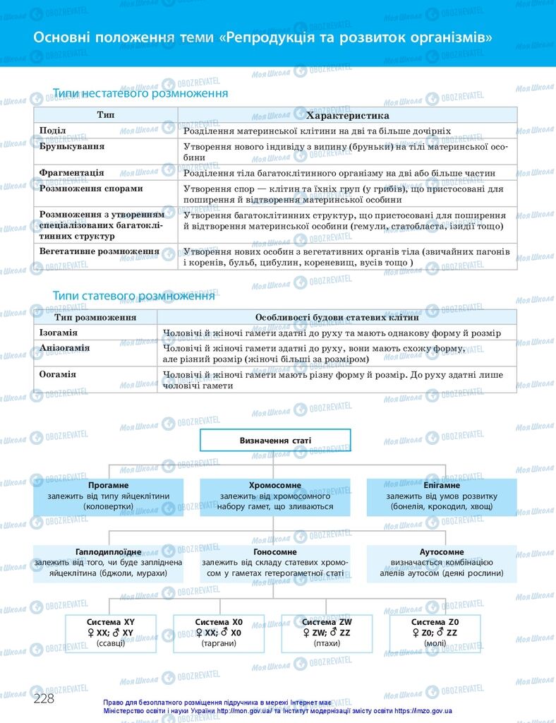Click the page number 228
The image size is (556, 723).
[x=44, y=698]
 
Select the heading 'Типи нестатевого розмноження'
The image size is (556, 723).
[x=140, y=93]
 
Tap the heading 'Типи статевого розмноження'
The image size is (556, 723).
[x=134, y=295]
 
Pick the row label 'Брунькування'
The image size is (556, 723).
[x=72, y=146]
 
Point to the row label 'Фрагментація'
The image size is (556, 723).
[x=72, y=172]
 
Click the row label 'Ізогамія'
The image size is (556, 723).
[x=59, y=333]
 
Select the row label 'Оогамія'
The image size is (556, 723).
[x=58, y=374]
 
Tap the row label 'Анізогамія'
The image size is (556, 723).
[x=65, y=349]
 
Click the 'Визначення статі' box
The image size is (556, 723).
[x=275, y=441]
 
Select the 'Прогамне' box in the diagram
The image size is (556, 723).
[x=108, y=496]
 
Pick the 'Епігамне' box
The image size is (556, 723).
[x=442, y=496]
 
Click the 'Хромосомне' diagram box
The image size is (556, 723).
[x=275, y=496]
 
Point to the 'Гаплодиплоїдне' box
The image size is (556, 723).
[x=108, y=563]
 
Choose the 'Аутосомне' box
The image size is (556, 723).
[x=442, y=563]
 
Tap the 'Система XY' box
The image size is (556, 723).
[x=110, y=633]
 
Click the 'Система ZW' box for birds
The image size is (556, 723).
[x=327, y=633]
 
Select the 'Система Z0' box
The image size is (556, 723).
[x=435, y=633]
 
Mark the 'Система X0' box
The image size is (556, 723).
[x=218, y=633]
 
